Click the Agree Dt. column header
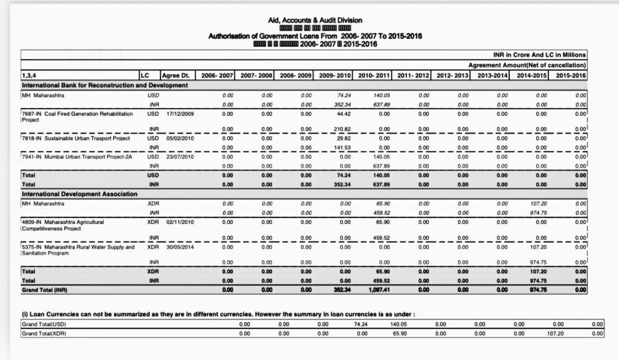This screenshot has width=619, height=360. tap(177, 76)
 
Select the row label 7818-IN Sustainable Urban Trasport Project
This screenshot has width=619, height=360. tap(76, 138)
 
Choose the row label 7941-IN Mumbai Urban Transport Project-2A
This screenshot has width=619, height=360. tap(77, 157)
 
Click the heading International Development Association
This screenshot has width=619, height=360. tap(79, 194)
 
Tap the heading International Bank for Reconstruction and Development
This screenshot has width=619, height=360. tap(105, 85)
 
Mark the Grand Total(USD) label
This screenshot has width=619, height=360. tap(44, 324)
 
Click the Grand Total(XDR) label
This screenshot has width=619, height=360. tap(44, 333)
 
